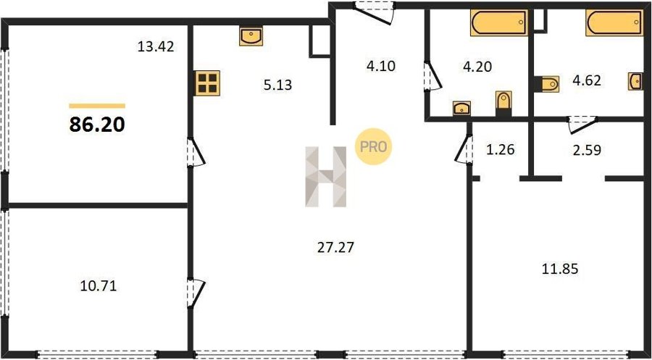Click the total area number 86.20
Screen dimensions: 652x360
(x=97, y=124)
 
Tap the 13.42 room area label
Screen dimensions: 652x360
(x=156, y=46)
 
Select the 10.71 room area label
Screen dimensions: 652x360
(x=98, y=286)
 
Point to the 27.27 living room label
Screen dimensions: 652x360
(x=335, y=248)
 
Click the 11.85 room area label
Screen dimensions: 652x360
(x=560, y=269)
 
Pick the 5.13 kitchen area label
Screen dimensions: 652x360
(x=277, y=85)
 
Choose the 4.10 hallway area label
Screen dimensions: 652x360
(x=380, y=66)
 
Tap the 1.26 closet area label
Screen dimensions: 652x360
(x=500, y=148)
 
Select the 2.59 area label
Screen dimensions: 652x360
(x=587, y=150)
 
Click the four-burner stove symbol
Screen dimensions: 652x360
(x=207, y=83)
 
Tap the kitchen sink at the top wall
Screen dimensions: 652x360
(x=251, y=36)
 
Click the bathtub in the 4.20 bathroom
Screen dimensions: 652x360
(x=499, y=22)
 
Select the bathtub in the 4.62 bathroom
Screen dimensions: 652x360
(x=614, y=22)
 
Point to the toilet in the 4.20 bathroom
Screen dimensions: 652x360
(x=503, y=104)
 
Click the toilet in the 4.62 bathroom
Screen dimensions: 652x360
(x=547, y=84)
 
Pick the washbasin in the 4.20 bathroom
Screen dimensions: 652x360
(x=461, y=108)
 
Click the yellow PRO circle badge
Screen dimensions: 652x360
(x=373, y=146)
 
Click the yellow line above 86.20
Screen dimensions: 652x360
(x=97, y=106)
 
